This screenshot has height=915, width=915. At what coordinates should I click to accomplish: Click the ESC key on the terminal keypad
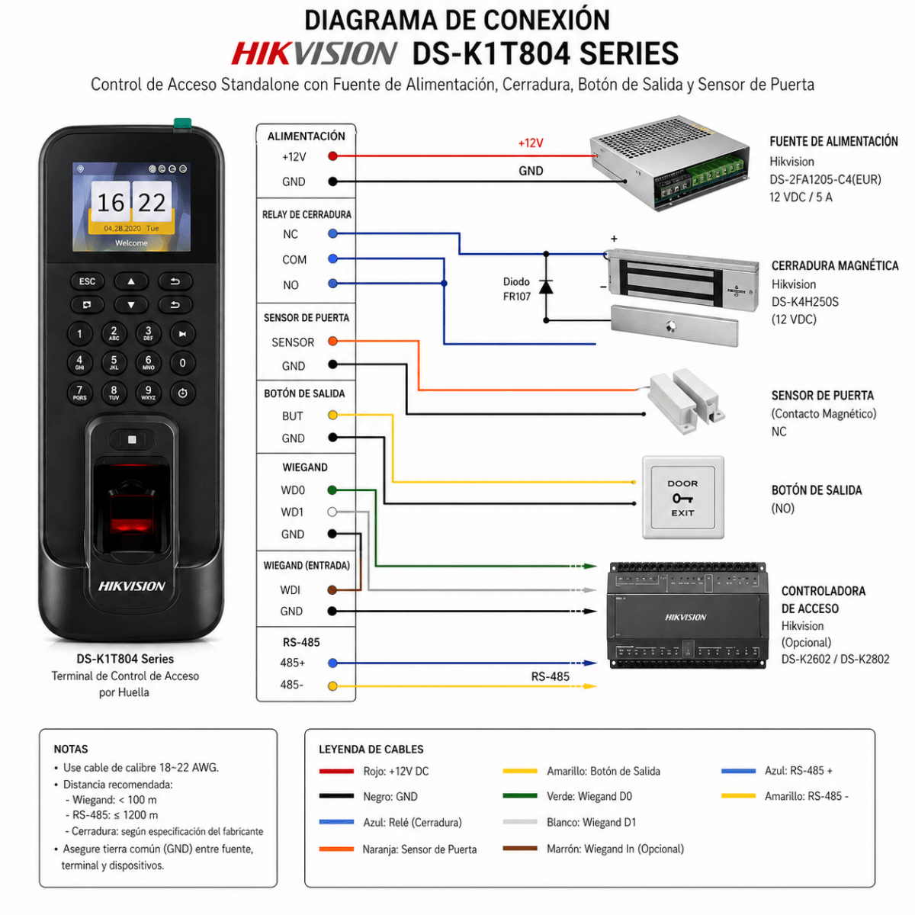click(x=87, y=281)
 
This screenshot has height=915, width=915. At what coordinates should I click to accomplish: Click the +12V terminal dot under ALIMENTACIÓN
click(x=332, y=156)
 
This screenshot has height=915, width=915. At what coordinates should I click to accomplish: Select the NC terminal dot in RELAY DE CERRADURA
click(x=332, y=234)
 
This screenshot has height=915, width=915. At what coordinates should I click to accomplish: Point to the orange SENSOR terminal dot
click(x=332, y=342)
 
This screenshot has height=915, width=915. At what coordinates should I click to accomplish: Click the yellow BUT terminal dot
click(x=332, y=416)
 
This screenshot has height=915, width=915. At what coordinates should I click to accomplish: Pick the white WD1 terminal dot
click(x=332, y=512)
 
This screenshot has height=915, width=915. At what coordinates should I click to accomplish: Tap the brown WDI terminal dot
click(x=332, y=590)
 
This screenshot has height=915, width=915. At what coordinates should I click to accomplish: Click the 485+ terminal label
click(x=293, y=663)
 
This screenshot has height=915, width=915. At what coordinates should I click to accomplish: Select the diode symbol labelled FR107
click(x=546, y=287)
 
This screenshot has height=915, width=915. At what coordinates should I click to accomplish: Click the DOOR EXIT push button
click(x=682, y=498)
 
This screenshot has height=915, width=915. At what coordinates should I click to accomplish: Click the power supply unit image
click(x=669, y=163)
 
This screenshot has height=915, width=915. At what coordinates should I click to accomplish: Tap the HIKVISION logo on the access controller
click(x=685, y=617)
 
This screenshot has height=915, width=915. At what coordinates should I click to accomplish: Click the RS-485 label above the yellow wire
click(x=550, y=676)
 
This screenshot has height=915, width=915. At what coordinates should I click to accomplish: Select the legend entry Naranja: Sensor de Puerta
click(x=419, y=849)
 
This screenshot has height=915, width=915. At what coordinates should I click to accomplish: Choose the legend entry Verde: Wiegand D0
click(x=589, y=796)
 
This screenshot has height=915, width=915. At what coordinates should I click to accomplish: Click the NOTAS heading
click(x=71, y=749)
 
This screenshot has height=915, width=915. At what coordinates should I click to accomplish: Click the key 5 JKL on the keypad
click(x=114, y=362)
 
